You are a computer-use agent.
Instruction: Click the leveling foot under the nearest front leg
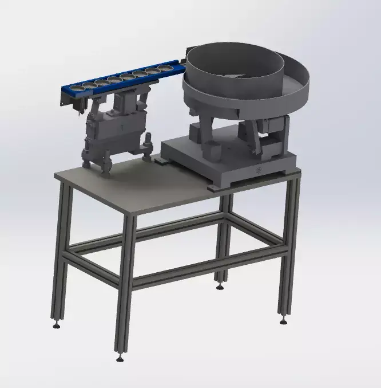coord(120,359)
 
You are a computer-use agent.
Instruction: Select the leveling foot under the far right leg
coord(283,320)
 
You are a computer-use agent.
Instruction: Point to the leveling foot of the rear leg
coord(220,286)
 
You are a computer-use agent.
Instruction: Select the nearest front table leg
coord(125,287)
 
